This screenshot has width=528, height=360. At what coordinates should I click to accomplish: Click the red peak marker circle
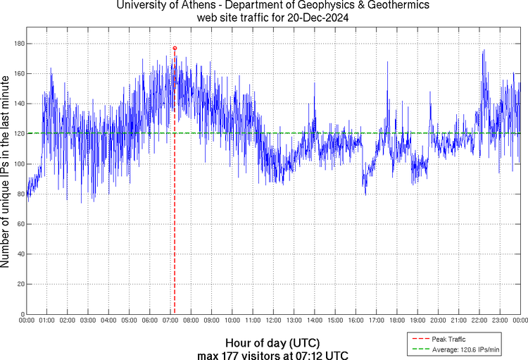[175, 48]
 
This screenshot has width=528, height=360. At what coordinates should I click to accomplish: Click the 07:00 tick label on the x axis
[170, 321]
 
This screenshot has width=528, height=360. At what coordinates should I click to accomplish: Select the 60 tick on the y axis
[20, 224]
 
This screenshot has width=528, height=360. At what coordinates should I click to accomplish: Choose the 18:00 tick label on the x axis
[396, 321]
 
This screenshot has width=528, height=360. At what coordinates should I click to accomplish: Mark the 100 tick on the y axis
[18, 164]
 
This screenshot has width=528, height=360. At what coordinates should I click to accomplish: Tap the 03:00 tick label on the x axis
[88, 321]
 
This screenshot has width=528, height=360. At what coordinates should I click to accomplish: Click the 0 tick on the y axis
[22, 314]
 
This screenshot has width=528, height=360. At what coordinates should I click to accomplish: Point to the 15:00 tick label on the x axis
[335, 321]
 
